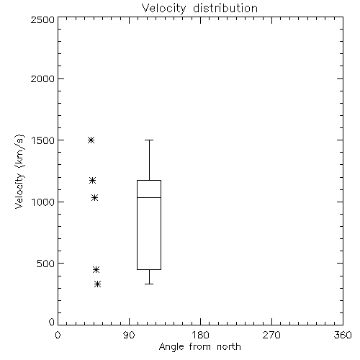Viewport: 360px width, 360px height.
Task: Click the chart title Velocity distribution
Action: [199, 8]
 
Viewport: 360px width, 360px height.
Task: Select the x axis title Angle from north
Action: [199, 347]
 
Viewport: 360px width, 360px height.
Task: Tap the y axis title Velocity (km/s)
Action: [19, 171]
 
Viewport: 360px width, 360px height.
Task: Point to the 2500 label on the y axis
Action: [42, 20]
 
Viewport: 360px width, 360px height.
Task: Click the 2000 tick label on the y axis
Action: [42, 78]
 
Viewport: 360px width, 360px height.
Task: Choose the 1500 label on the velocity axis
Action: [42, 140]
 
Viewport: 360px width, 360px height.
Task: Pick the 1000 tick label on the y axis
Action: [42, 202]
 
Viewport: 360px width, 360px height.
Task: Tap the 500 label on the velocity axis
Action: [45, 264]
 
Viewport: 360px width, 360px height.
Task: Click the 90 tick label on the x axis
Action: [129, 335]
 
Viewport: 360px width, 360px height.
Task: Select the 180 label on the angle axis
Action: [200, 335]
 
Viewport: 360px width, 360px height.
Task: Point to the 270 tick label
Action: [271, 335]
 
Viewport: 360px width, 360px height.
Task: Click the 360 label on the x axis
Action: [343, 335]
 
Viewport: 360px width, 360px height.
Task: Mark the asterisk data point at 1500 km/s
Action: [91, 140]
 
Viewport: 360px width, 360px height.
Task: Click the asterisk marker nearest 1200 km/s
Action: [93, 180]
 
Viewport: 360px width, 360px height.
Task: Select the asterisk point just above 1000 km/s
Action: [94, 197]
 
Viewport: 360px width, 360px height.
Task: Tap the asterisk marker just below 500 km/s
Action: [96, 269]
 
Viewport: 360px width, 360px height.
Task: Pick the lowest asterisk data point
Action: [97, 284]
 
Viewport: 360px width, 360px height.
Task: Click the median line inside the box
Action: [149, 197]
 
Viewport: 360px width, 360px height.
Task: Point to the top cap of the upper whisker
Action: [149, 140]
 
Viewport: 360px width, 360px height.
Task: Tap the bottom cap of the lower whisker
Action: [149, 284]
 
